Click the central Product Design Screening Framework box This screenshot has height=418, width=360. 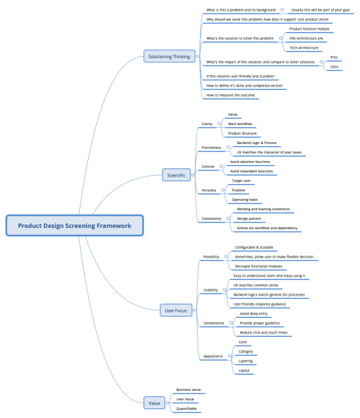74,225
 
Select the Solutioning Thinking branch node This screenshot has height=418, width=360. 169,55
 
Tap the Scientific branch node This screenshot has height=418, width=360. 176,175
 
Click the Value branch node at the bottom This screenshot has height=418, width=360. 155,403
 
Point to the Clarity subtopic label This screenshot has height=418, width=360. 207,124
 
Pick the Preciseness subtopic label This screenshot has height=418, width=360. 211,147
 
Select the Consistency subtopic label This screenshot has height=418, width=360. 211,218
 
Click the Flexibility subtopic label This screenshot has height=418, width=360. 211,257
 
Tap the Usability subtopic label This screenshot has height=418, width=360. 210,289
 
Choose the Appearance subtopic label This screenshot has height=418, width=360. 212,356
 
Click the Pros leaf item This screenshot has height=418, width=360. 334,57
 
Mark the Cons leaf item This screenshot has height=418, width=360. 334,67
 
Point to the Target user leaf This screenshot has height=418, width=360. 242,181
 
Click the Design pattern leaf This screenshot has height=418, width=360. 249,218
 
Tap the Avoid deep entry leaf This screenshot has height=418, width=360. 254,314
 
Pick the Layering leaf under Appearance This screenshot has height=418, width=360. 246,361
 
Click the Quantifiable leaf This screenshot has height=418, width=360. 186,409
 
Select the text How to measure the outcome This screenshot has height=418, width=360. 231,95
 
